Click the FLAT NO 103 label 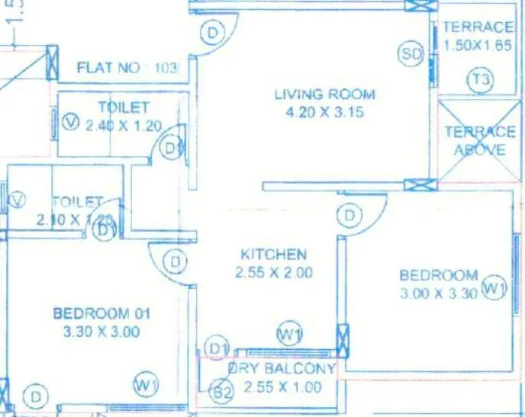(127, 68)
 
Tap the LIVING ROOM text (324, 95)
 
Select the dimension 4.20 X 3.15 (324, 113)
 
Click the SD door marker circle (411, 54)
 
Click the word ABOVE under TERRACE (479, 149)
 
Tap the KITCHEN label (273, 254)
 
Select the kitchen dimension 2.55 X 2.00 (273, 272)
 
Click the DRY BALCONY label (281, 369)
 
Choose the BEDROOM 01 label (101, 313)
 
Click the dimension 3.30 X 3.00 (101, 332)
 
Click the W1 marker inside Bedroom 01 (145, 385)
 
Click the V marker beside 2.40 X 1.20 (72, 122)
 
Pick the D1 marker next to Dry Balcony (220, 348)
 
